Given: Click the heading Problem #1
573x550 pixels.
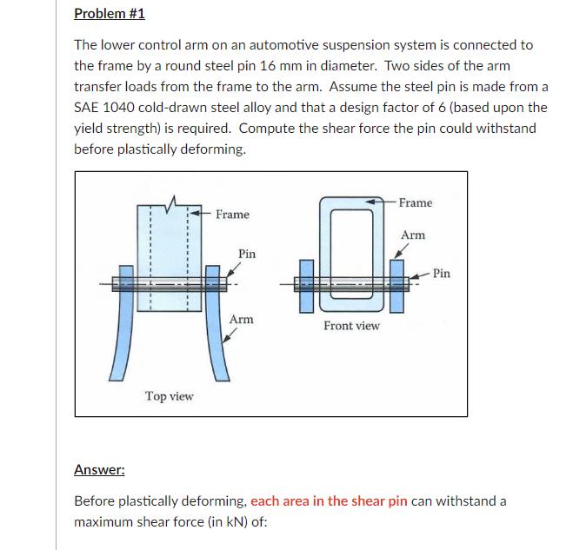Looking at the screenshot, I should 110,14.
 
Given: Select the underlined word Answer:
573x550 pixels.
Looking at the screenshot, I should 99,470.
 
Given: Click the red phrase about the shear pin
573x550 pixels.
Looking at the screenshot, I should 329,501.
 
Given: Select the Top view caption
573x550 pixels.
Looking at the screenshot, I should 169,396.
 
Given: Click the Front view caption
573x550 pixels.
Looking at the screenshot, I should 351,326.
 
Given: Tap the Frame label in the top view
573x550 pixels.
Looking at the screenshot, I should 232,215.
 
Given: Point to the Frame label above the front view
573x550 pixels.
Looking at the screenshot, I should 415,202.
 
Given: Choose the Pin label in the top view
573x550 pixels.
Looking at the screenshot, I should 247,254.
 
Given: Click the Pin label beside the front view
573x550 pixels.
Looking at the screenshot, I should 442,273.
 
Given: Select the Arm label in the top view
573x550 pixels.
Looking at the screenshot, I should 241,320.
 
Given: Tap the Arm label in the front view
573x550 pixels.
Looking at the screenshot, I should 413,235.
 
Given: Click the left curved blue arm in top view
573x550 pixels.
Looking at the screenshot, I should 117,339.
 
